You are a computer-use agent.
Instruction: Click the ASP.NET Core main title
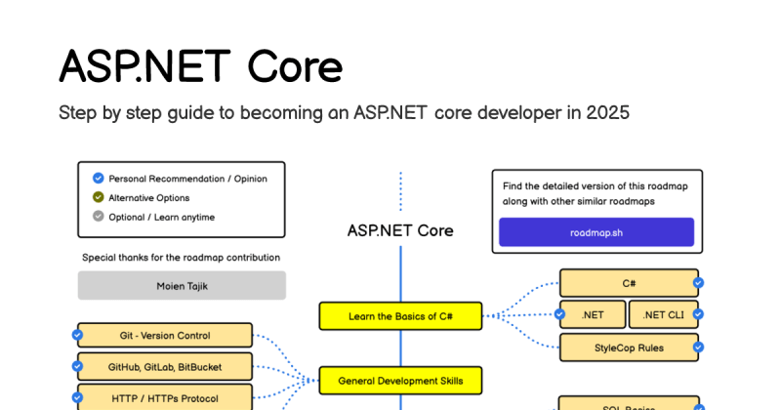(200, 66)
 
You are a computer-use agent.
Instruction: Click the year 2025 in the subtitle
(607, 112)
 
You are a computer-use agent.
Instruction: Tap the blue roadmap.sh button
(596, 232)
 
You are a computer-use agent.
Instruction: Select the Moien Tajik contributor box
(182, 285)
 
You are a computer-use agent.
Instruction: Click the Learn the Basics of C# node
(400, 316)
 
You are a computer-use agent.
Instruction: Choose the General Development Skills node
(400, 380)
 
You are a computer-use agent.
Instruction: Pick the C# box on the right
(629, 283)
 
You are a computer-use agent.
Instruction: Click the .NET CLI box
(663, 314)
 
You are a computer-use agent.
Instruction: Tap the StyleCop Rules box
(629, 347)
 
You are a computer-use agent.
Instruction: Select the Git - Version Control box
(164, 336)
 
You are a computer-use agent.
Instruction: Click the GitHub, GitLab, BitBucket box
(164, 367)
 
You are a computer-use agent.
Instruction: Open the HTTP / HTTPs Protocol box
(164, 398)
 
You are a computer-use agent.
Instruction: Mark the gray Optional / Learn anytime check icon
(98, 217)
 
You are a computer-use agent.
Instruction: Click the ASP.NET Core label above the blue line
(400, 230)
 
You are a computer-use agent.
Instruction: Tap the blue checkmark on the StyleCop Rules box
(698, 347)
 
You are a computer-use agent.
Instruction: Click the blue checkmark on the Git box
(77, 336)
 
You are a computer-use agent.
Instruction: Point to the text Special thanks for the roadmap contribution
(182, 258)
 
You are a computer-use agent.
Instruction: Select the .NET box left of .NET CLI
(593, 314)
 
